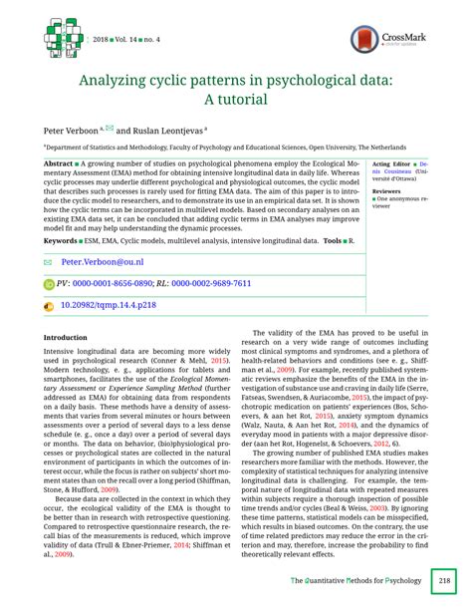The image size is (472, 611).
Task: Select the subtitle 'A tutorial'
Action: pos(236,100)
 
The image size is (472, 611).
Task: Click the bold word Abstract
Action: pos(62,162)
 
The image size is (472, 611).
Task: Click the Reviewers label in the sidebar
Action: pos(387,190)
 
